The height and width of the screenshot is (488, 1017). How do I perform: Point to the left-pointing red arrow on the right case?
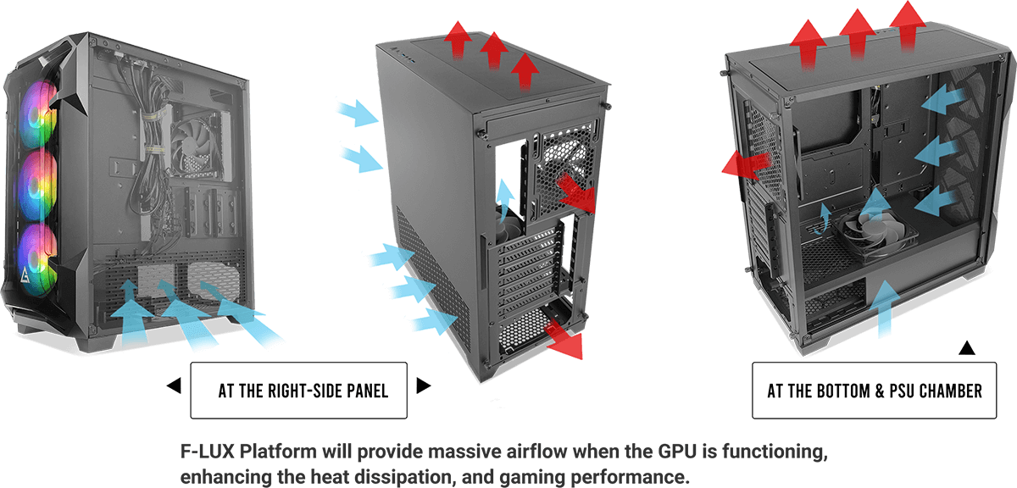pos(745,163)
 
